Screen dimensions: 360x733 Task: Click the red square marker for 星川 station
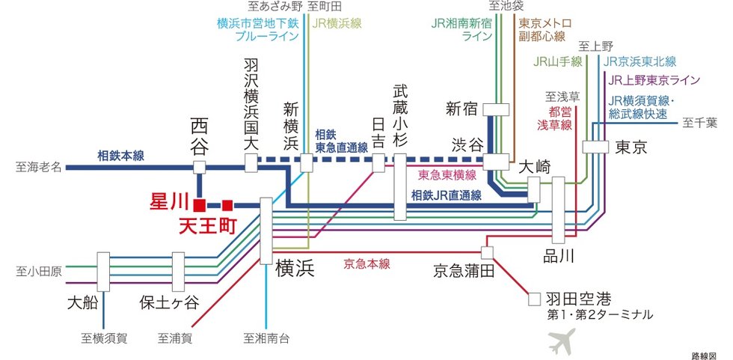click(x=199, y=204)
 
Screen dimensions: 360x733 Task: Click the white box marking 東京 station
click(x=596, y=147)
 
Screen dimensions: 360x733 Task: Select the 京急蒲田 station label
click(x=464, y=271)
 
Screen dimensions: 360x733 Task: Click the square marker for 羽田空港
click(x=534, y=298)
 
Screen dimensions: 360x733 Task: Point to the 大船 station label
click(x=82, y=303)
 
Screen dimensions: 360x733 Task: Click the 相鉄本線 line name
click(x=120, y=156)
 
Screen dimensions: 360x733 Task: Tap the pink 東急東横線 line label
click(x=447, y=175)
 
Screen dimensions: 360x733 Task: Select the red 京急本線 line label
click(x=367, y=263)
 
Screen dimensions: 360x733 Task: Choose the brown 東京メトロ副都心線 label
click(x=542, y=29)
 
